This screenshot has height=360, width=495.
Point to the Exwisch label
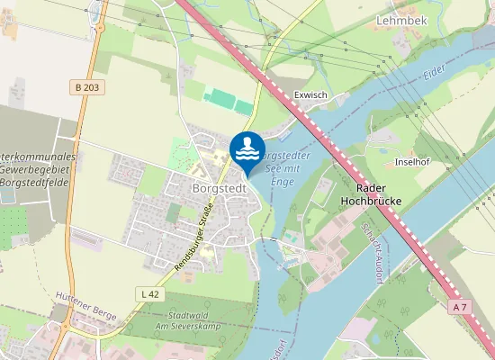point(310,94)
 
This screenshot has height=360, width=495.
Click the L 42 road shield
point(150,294)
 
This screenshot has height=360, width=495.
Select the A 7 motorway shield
point(461,308)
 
